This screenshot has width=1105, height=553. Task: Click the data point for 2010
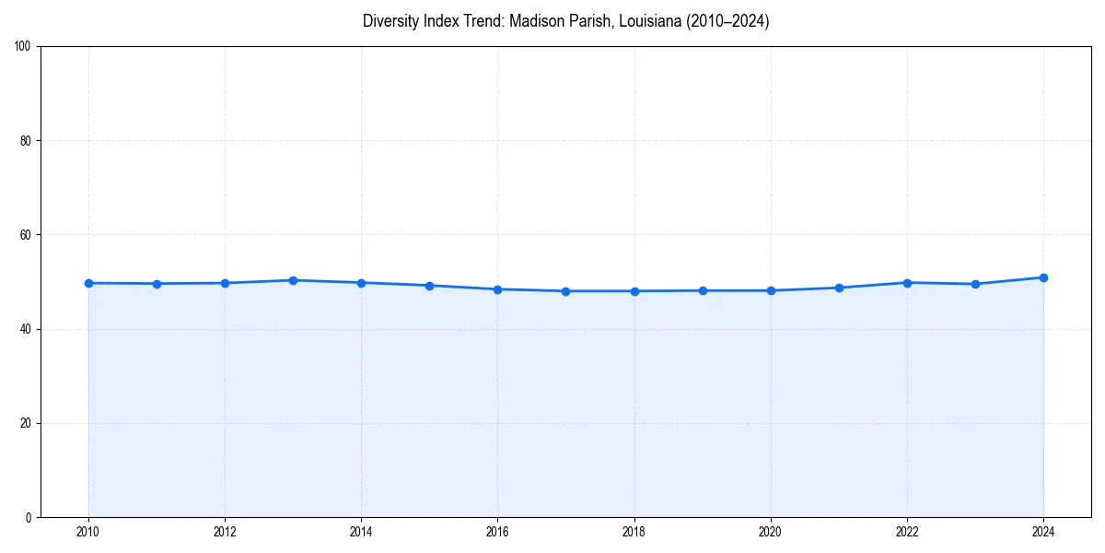(x=88, y=283)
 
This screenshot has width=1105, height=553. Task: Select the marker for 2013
(x=293, y=280)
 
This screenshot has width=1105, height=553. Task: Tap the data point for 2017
(x=565, y=291)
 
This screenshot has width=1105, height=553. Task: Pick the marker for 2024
(x=1043, y=277)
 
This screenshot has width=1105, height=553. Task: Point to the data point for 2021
(x=839, y=288)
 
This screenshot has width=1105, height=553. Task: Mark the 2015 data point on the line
(x=429, y=286)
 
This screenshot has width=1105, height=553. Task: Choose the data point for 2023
(x=975, y=284)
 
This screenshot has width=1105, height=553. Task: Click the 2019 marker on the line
(x=703, y=290)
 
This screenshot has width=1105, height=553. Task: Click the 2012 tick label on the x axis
(x=225, y=531)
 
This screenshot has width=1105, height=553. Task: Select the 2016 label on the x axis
(x=497, y=531)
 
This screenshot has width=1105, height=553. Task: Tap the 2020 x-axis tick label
(x=771, y=531)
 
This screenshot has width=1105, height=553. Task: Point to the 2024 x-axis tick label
(x=1043, y=531)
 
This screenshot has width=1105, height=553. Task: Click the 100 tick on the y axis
(x=24, y=47)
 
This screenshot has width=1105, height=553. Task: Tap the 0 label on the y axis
(x=29, y=517)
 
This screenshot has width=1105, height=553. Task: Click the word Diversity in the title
(x=390, y=21)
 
